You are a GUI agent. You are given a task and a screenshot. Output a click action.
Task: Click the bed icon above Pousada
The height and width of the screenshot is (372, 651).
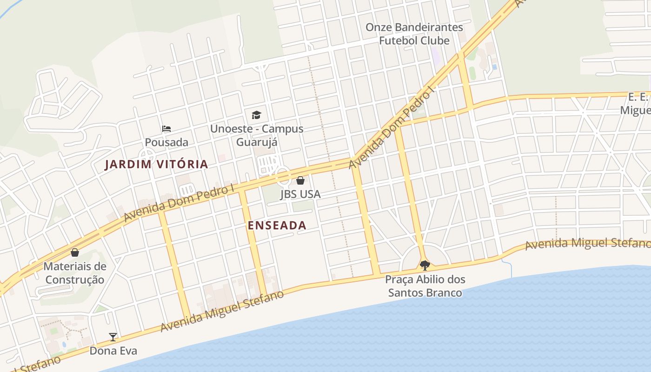[166, 128]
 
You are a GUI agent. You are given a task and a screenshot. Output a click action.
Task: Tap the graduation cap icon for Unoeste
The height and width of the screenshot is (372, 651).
[256, 115]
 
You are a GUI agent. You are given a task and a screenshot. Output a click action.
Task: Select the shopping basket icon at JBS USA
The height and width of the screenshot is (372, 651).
[300, 180]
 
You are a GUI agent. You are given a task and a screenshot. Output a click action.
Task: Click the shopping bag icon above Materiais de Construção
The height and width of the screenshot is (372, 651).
[75, 252]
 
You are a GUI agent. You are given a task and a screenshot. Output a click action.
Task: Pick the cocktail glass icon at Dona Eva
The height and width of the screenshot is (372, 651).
[113, 337]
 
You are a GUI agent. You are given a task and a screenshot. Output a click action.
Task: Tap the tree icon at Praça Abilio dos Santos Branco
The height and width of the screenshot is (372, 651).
[425, 266]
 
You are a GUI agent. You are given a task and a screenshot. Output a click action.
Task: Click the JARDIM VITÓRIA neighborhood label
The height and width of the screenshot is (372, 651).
[156, 164]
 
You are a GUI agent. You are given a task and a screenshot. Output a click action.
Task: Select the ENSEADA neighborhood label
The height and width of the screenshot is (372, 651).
[277, 226]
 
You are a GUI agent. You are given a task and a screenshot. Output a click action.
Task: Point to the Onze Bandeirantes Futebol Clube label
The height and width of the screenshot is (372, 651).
[414, 34]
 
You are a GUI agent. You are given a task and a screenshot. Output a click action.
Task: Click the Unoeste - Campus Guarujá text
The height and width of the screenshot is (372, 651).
[257, 135]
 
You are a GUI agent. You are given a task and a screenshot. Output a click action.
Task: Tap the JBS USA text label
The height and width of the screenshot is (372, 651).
[300, 194]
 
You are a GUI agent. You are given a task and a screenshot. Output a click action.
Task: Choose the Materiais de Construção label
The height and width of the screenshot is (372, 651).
[75, 273]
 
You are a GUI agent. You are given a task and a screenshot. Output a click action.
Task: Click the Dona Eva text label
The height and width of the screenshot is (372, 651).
[113, 351]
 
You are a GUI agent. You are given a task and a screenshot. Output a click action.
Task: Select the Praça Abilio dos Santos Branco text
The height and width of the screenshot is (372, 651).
[425, 286]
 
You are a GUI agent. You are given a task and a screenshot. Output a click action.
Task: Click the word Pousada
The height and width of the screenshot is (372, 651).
[166, 142]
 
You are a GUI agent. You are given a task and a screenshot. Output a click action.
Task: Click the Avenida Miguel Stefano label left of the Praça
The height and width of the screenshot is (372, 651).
[222, 311]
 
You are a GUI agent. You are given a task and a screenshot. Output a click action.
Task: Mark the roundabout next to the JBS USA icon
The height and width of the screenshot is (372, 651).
[283, 176]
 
